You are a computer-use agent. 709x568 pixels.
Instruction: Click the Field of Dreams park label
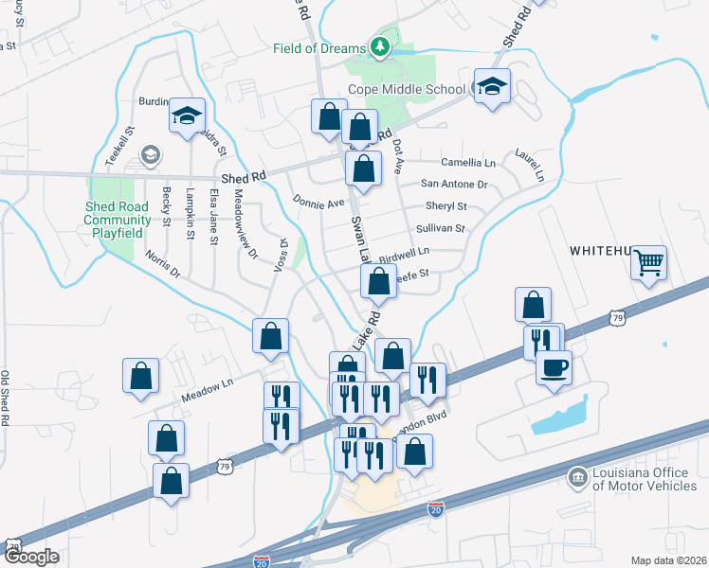point(319,48)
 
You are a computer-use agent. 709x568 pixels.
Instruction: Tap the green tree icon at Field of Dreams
point(380,46)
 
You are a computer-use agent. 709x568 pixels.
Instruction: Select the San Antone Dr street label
point(454,185)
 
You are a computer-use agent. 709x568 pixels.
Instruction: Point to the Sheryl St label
point(446,206)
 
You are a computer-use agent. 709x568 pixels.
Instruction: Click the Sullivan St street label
point(440,229)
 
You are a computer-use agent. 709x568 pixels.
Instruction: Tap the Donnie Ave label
point(318,203)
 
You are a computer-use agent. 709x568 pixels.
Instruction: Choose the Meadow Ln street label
point(207,384)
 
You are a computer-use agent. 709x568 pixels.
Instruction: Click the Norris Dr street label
point(162,264)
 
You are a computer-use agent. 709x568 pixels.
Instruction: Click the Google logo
point(31,557)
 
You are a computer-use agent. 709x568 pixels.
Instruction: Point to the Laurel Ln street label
point(529,163)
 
